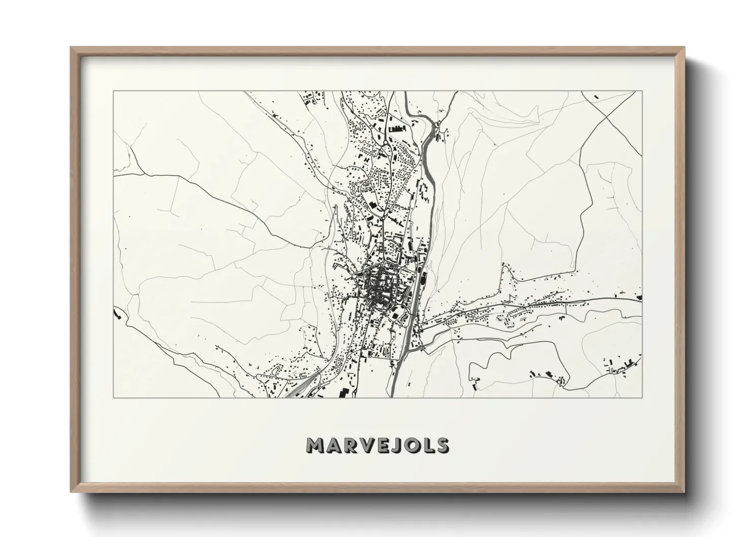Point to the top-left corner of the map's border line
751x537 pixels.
(x=113, y=91)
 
